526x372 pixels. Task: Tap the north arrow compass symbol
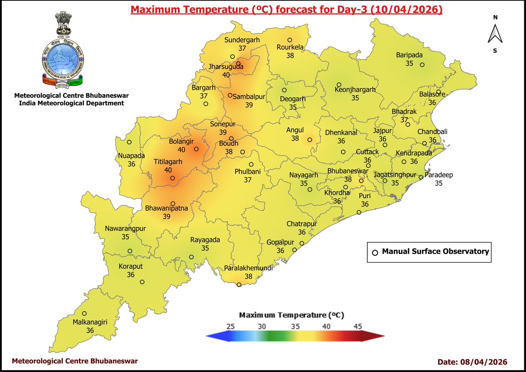pyautogui.click(x=495, y=34)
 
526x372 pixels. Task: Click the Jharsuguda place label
pyautogui.click(x=226, y=67)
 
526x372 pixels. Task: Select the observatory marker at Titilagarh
pyautogui.click(x=173, y=178)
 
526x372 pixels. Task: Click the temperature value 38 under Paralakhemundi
pyautogui.click(x=249, y=276)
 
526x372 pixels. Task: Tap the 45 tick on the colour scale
pyautogui.click(x=358, y=326)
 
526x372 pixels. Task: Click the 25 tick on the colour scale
pyautogui.click(x=231, y=326)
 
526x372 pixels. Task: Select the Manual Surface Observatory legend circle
pyautogui.click(x=375, y=252)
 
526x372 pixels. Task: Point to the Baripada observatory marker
pyautogui.click(x=422, y=65)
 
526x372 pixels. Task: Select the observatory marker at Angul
pyautogui.click(x=309, y=140)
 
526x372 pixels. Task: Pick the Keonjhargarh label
pyautogui.click(x=355, y=90)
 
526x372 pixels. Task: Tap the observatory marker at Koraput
pyautogui.click(x=142, y=282)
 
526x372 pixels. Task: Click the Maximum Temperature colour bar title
pyautogui.click(x=291, y=315)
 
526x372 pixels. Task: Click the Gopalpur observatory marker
pyautogui.click(x=295, y=250)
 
